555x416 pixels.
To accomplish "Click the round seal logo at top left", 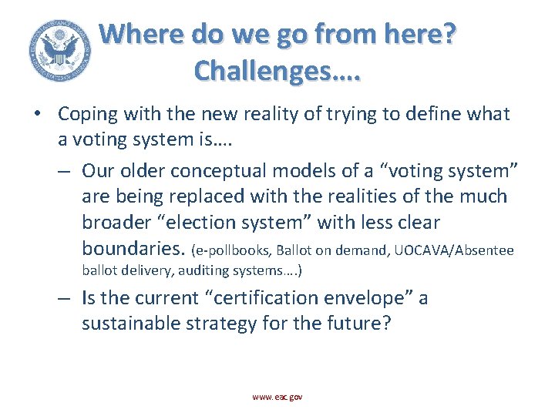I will point(58,49).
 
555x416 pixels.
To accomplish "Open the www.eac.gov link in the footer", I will point(277,396).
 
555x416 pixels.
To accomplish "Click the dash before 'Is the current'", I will point(66,297).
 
